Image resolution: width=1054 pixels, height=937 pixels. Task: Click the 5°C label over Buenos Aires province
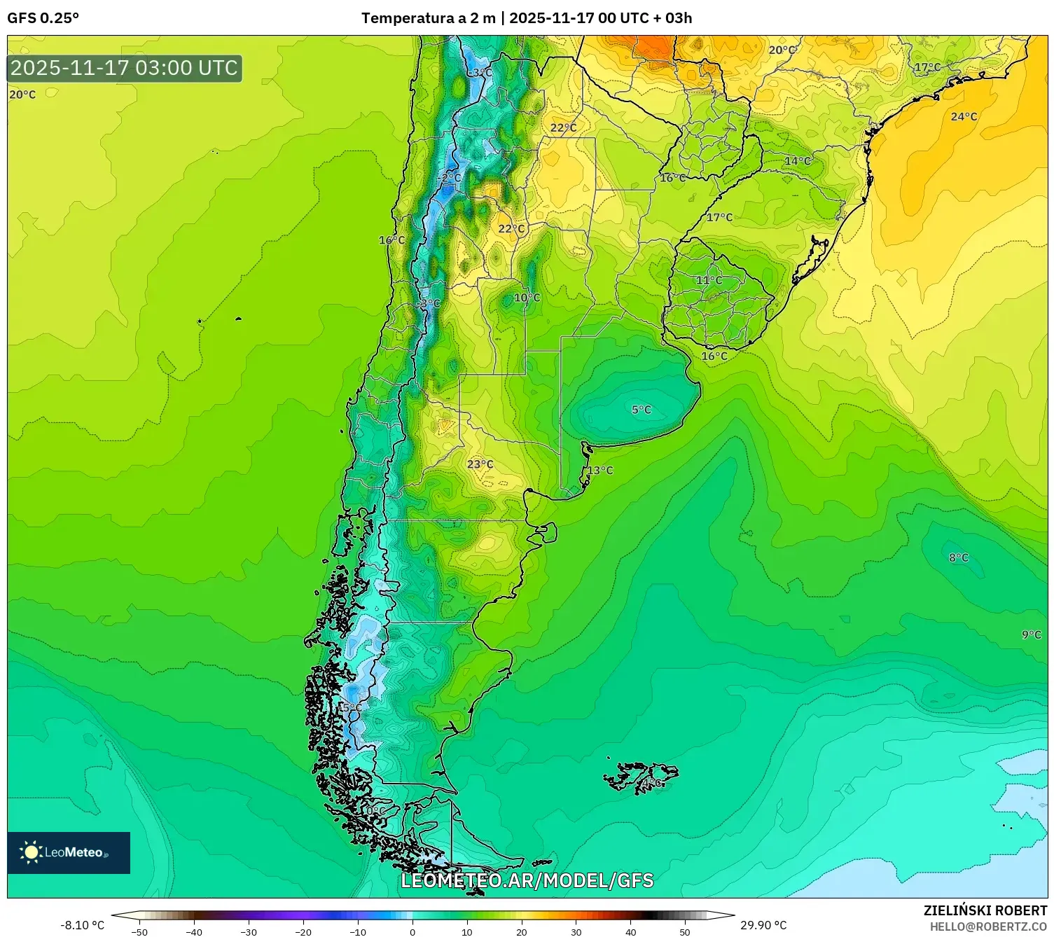pyautogui.click(x=641, y=410)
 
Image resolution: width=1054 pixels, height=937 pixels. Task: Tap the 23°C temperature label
pyautogui.click(x=480, y=464)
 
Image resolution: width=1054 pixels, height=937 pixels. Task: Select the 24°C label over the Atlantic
pyautogui.click(x=964, y=117)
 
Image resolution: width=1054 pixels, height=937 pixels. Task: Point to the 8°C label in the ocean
pyautogui.click(x=958, y=557)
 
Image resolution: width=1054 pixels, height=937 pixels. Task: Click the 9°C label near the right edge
pyautogui.click(x=1031, y=634)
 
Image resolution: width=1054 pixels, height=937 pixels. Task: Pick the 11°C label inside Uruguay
pyautogui.click(x=709, y=280)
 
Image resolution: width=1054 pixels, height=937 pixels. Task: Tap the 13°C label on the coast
pyautogui.click(x=599, y=470)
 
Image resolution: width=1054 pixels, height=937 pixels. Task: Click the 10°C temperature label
pyautogui.click(x=527, y=298)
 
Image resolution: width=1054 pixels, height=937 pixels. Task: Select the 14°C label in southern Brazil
pyautogui.click(x=797, y=161)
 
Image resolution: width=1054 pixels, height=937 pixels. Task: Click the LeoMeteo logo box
pyautogui.click(x=69, y=852)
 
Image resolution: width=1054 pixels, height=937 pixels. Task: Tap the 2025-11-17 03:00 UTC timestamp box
pyautogui.click(x=125, y=68)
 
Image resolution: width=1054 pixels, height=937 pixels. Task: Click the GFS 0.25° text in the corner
pyautogui.click(x=43, y=18)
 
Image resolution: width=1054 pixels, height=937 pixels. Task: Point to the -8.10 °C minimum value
pyautogui.click(x=82, y=925)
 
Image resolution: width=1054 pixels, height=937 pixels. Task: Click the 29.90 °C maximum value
pyautogui.click(x=763, y=925)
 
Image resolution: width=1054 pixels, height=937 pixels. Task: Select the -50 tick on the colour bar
pyautogui.click(x=139, y=932)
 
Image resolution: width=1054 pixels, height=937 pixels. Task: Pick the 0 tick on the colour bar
pyautogui.click(x=412, y=932)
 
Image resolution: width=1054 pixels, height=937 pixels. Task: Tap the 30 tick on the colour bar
pyautogui.click(x=576, y=932)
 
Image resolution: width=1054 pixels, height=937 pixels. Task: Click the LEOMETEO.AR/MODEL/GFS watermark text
pyautogui.click(x=527, y=880)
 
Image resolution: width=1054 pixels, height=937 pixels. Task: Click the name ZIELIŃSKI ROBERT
pyautogui.click(x=985, y=910)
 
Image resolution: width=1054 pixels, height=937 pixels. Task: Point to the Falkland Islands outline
pyautogui.click(x=641, y=776)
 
